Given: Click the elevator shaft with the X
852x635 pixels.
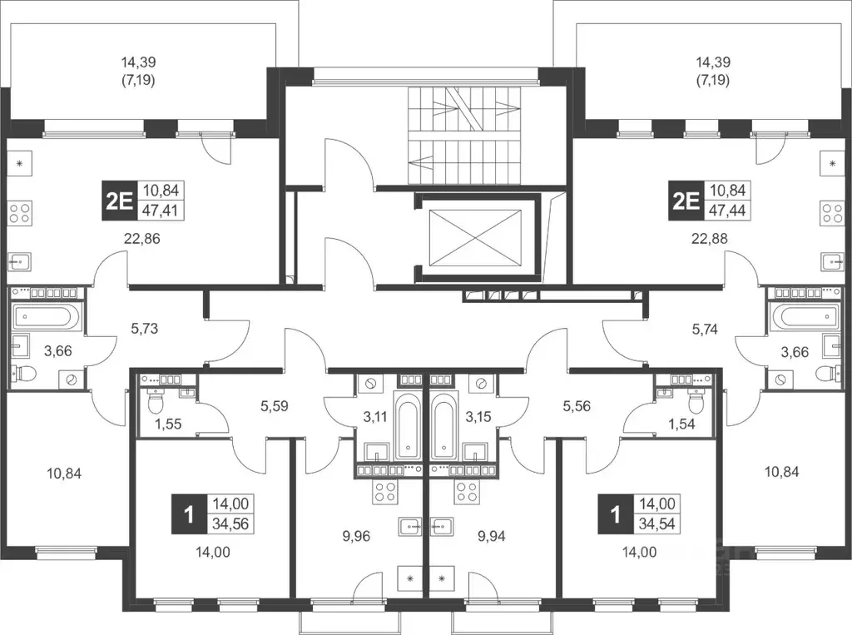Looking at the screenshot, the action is (475, 237).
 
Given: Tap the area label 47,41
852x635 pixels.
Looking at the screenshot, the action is (161, 210).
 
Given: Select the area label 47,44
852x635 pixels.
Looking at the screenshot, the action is (728, 210).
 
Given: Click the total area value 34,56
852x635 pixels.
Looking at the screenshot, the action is (231, 523).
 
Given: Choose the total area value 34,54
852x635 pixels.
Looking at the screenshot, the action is (657, 523).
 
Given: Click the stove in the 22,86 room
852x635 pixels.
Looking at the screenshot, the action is (20, 212).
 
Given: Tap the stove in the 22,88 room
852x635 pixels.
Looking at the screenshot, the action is (832, 212).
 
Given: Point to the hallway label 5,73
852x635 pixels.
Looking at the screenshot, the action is (145, 329).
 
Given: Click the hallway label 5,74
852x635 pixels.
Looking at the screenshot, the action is (704, 329).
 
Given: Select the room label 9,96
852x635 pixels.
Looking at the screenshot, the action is (356, 537).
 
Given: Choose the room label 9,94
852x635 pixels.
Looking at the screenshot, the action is (491, 537).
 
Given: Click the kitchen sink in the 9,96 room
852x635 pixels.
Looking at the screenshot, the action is (409, 526).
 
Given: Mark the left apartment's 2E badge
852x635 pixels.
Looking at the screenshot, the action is (119, 201).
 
